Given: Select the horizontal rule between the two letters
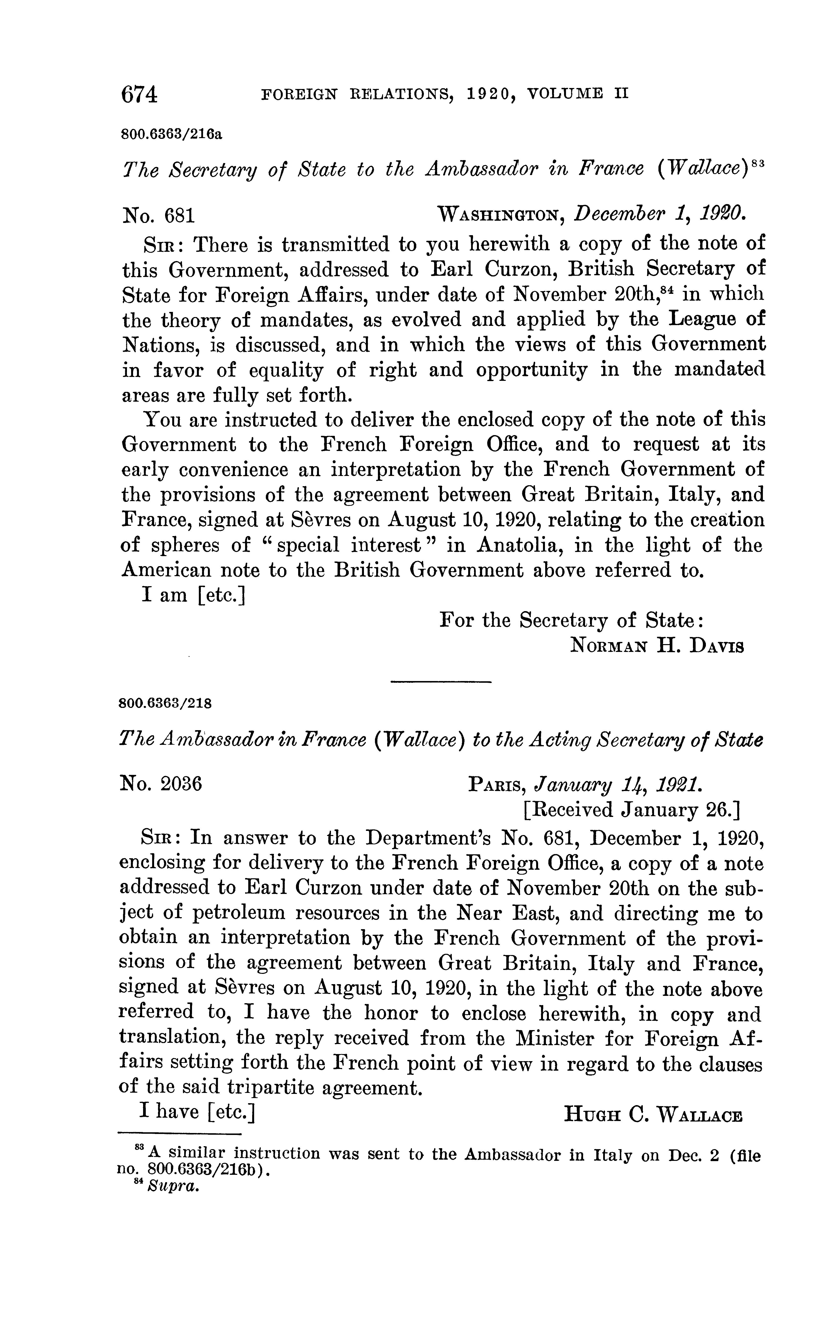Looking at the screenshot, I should (x=441, y=682).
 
